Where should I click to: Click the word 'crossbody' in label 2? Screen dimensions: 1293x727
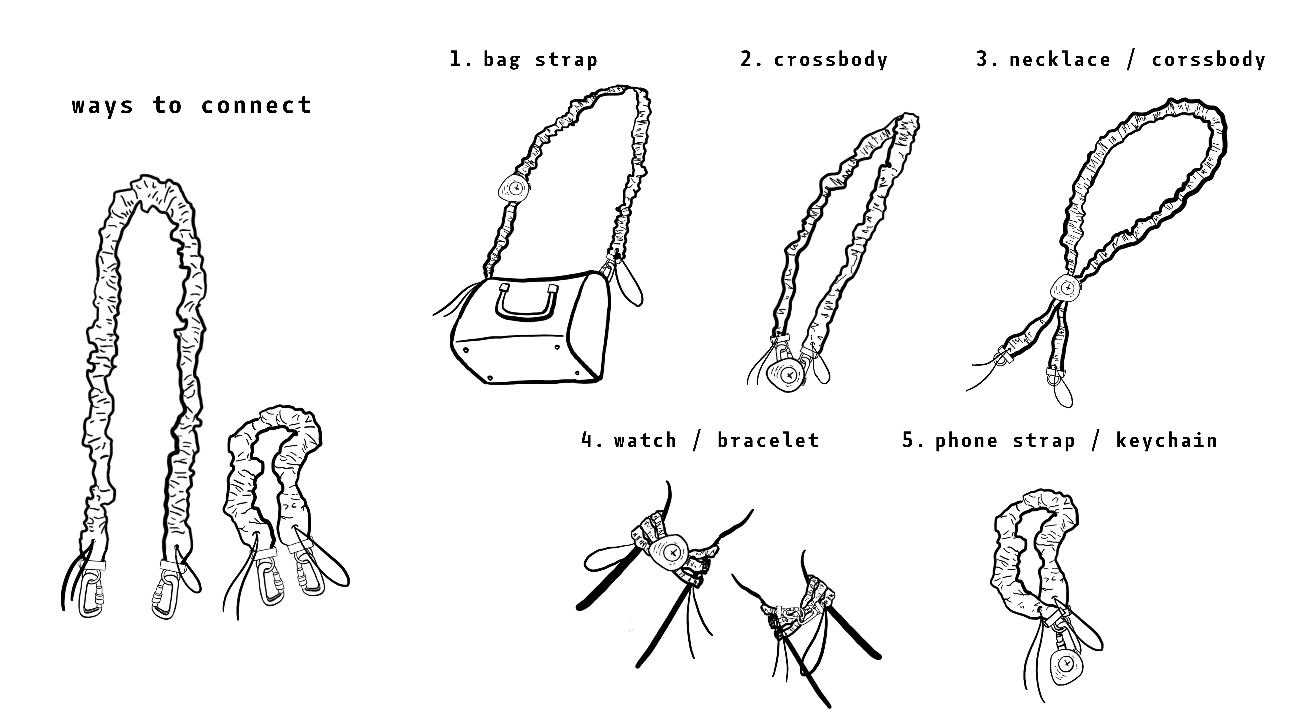click(831, 60)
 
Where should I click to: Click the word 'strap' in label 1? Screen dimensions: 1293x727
click(566, 60)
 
